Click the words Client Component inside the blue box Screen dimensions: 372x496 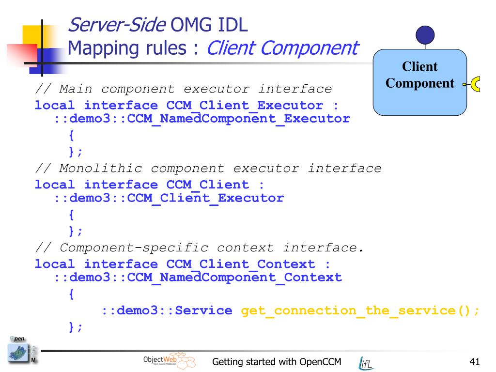click(419, 75)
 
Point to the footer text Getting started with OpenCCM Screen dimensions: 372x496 click(278, 362)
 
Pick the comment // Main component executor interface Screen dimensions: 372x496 click(184, 89)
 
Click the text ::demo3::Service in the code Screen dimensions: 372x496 click(167, 310)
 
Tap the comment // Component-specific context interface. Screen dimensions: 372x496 click(199, 248)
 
